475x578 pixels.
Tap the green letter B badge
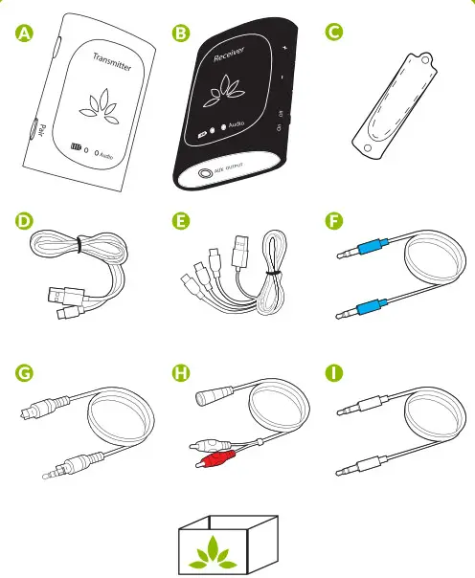pyautogui.click(x=179, y=33)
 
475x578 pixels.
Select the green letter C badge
pyautogui.click(x=334, y=33)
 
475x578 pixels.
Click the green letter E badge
pyautogui.click(x=179, y=223)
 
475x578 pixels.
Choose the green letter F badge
pyautogui.click(x=334, y=223)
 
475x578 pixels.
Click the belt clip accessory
pyautogui.click(x=392, y=100)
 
